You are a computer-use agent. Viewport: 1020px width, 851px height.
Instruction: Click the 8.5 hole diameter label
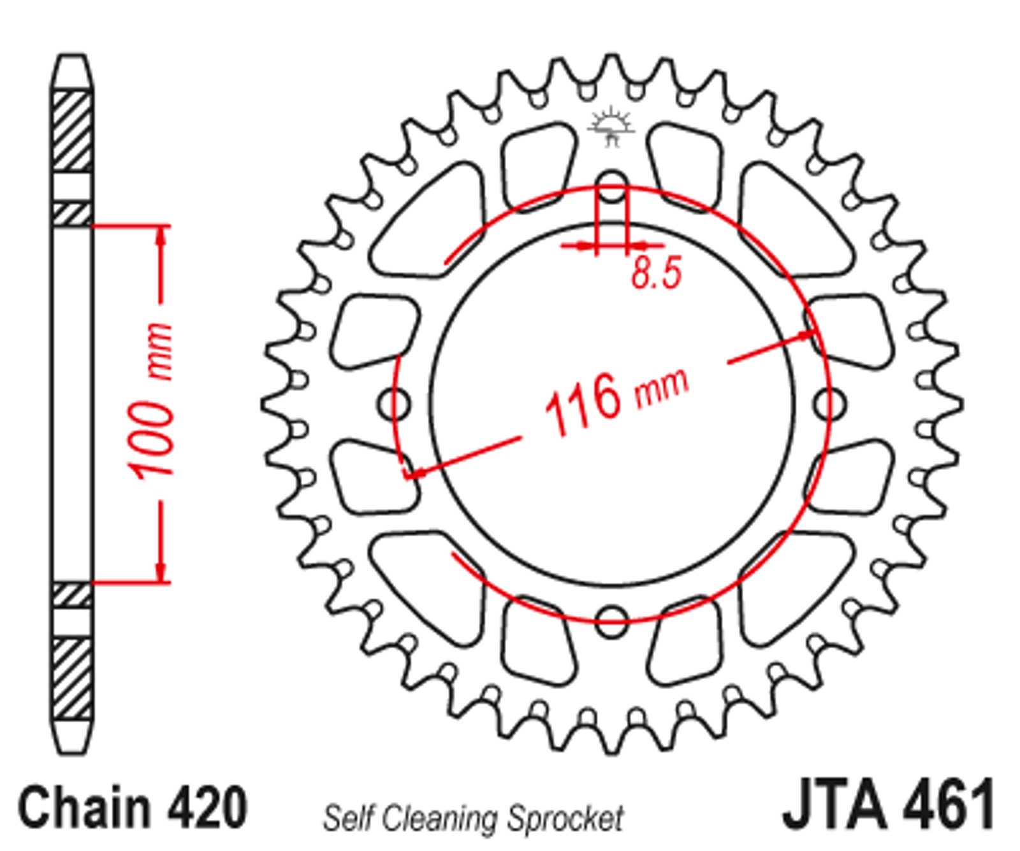tap(657, 273)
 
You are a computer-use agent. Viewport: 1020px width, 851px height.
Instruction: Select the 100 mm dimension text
tap(150, 403)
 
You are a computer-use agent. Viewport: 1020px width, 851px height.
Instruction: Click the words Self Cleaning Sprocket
tap(472, 817)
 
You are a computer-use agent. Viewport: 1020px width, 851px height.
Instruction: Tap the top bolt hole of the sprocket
tap(612, 187)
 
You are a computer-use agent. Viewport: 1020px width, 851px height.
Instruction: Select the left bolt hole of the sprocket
tap(395, 403)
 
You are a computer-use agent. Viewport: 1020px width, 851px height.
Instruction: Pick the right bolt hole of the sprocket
tap(830, 403)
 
